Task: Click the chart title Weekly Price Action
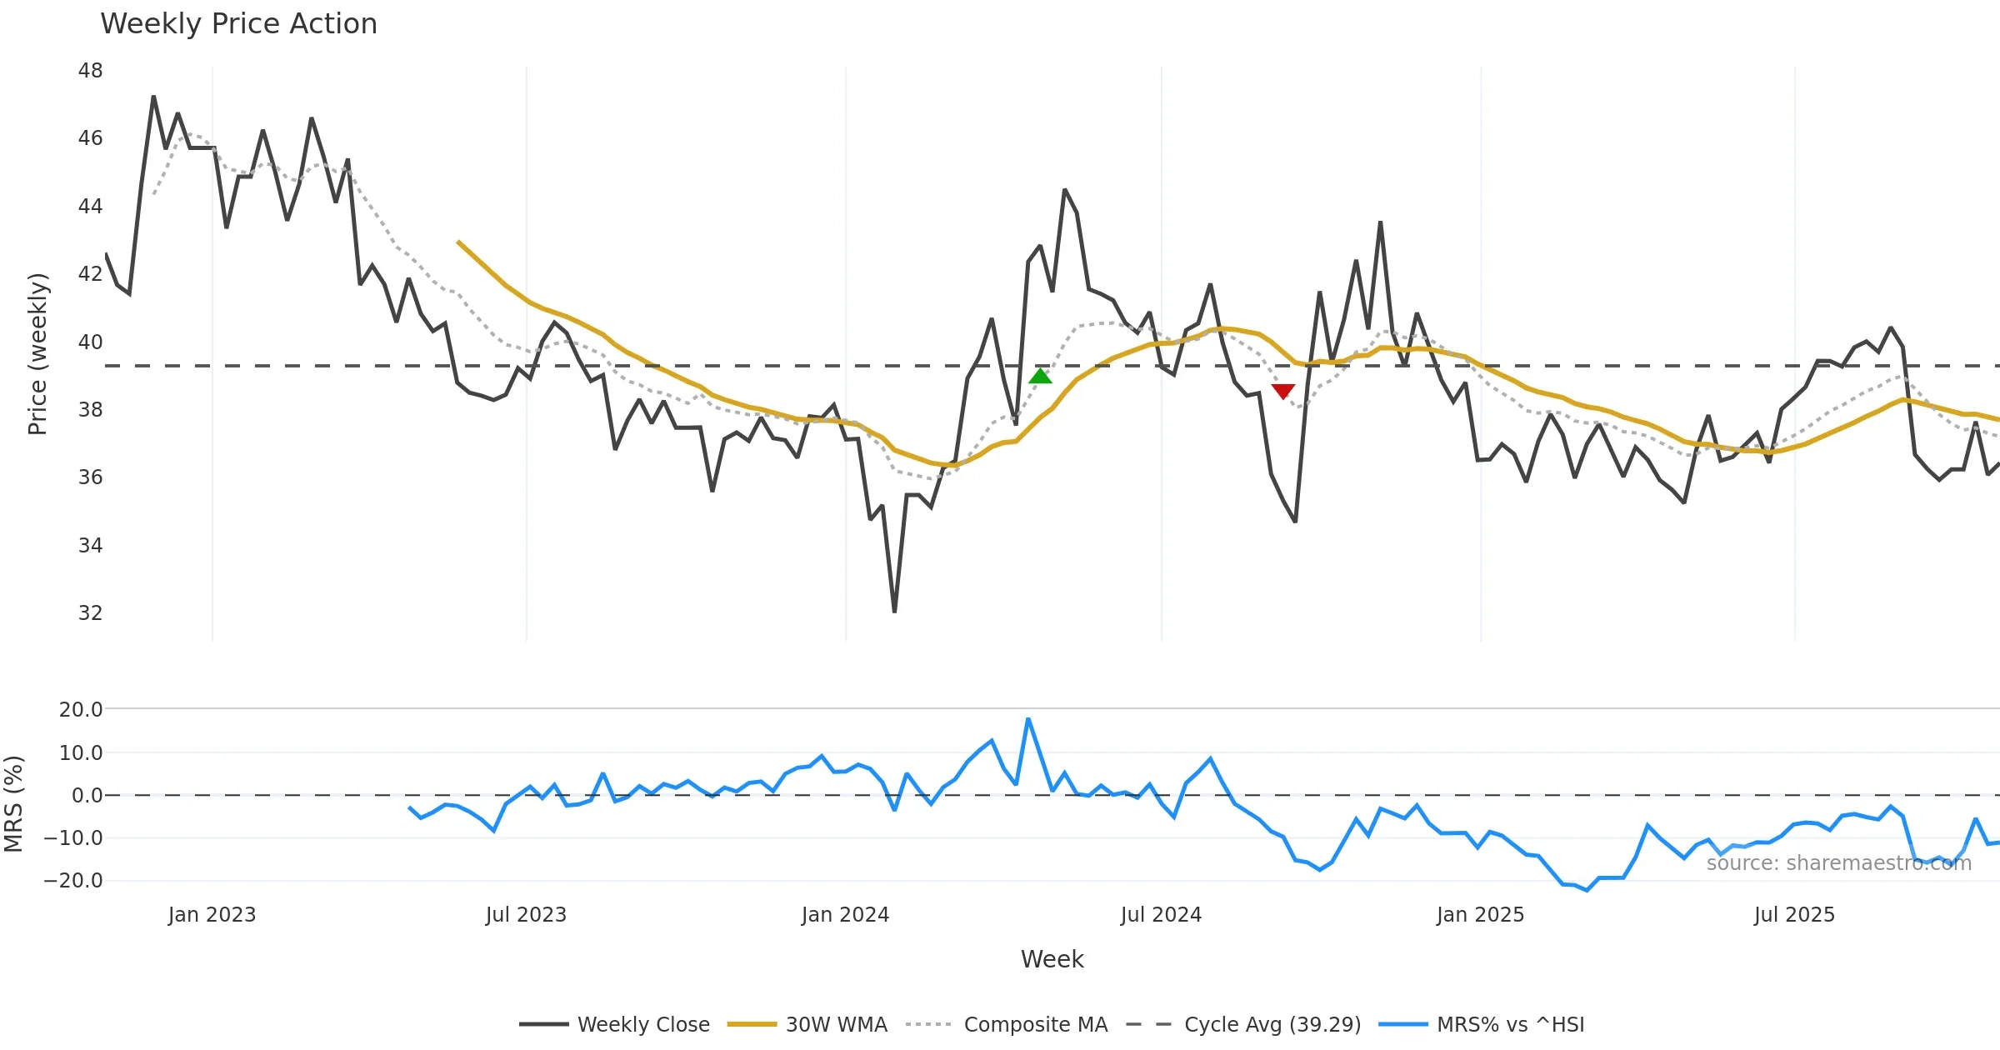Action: coord(238,24)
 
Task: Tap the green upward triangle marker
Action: coord(1040,377)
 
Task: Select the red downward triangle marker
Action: coord(1283,392)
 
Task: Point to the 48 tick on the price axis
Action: coord(90,71)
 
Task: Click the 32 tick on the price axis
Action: coord(90,613)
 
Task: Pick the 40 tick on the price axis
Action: coord(90,342)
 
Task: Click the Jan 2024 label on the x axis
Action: coord(845,915)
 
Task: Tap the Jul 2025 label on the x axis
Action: coord(1794,915)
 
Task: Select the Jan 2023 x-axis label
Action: coord(212,915)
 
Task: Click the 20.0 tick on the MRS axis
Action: coord(81,710)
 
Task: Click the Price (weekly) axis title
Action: coord(38,354)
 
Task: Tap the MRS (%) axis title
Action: coord(13,804)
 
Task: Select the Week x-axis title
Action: coord(1052,960)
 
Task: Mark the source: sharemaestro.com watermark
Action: coord(1838,863)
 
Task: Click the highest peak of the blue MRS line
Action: coord(1028,718)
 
